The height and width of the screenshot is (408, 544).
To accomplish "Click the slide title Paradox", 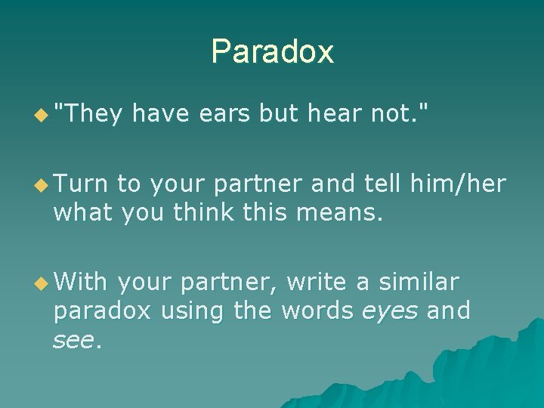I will coord(272,51).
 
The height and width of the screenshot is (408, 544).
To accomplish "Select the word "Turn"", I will coord(81,184).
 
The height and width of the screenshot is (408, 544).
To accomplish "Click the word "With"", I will coord(81,282).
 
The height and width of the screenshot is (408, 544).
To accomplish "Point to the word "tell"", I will coord(382,184).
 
